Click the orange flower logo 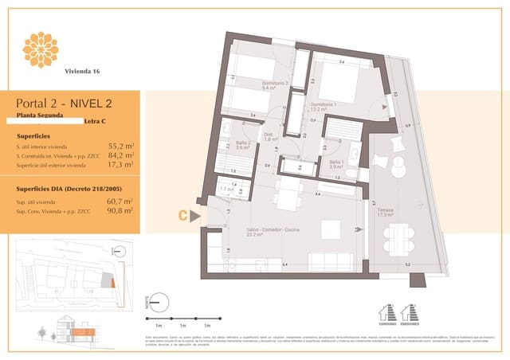click(x=41, y=49)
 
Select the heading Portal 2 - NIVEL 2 click(x=63, y=103)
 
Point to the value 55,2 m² click(x=120, y=147)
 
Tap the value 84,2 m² click(x=120, y=156)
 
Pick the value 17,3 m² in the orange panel click(x=120, y=165)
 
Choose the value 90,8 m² click(x=120, y=212)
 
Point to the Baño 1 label click(x=336, y=163)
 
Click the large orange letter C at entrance click(x=182, y=214)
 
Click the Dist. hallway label click(x=269, y=136)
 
